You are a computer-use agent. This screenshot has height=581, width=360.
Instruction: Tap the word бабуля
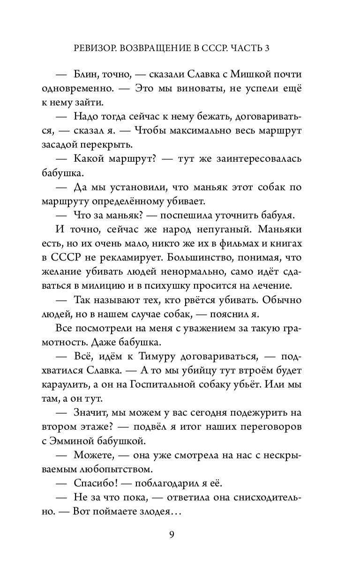point(276,216)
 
